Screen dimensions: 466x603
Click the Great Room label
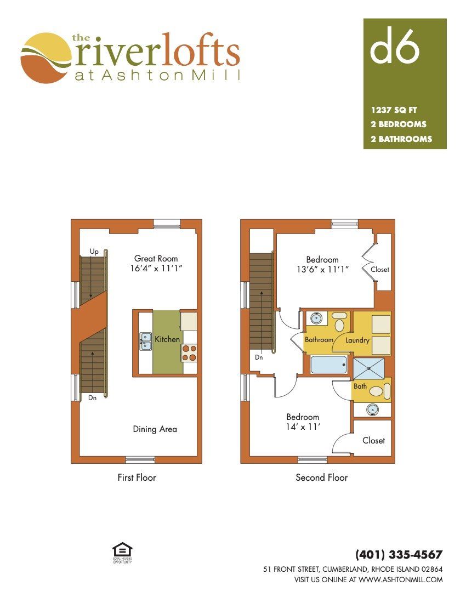click(x=156, y=258)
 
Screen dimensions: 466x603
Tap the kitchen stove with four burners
click(x=189, y=353)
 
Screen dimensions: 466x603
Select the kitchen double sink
click(x=146, y=341)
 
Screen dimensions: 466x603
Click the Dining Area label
click(x=155, y=429)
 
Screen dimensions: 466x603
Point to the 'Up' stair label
click(x=94, y=252)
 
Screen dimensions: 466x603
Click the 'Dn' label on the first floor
click(x=92, y=397)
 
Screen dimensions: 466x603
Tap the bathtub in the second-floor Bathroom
click(x=329, y=365)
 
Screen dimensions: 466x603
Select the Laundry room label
click(x=357, y=340)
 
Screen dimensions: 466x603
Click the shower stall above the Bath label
click(x=369, y=368)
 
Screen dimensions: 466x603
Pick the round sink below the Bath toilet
click(x=372, y=410)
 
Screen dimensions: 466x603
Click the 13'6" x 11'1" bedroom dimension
click(x=322, y=269)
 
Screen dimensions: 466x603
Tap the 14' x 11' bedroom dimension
click(x=303, y=426)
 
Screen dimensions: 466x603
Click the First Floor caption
click(x=137, y=477)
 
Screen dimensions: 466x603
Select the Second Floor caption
click(x=321, y=477)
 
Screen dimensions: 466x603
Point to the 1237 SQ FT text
click(x=394, y=110)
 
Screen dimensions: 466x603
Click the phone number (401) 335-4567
click(x=399, y=555)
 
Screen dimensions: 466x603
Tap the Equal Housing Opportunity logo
click(x=122, y=553)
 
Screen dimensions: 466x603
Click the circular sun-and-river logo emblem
click(x=46, y=58)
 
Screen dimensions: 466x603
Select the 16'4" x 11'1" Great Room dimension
click(x=156, y=269)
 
